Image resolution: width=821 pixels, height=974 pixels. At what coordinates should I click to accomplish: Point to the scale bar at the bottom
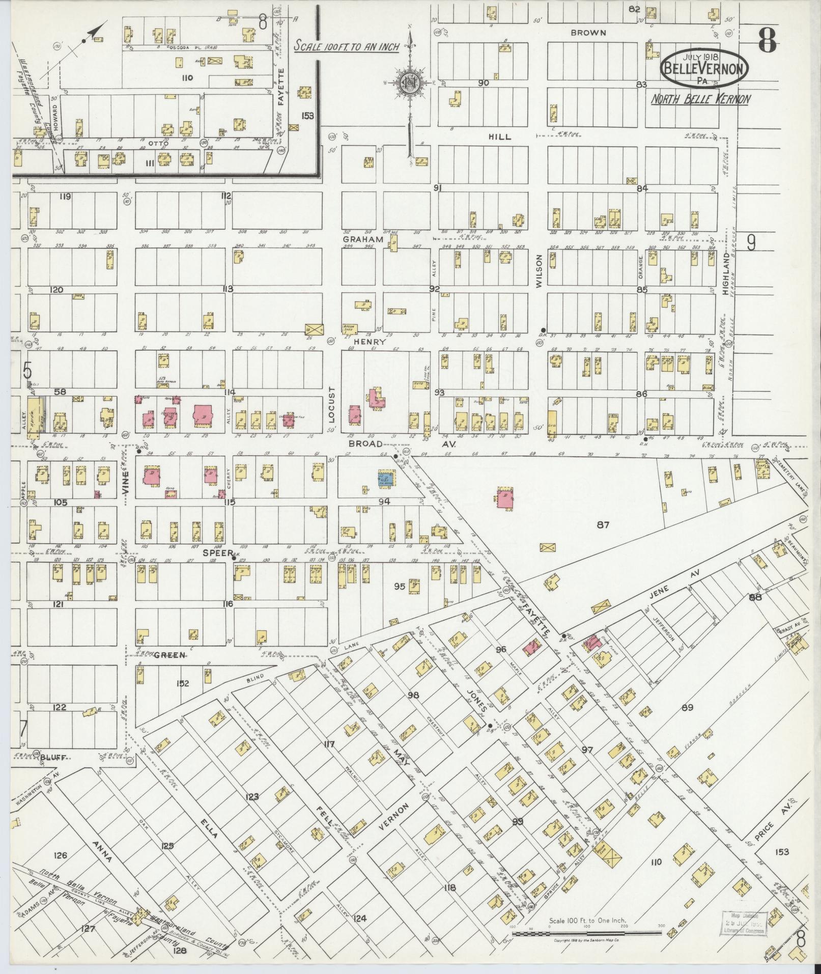point(586,933)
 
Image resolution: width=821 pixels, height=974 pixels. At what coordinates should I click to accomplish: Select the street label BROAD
point(366,444)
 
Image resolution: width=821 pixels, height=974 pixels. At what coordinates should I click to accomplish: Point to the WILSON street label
point(539,269)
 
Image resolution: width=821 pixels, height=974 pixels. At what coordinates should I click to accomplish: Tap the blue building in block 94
point(386,478)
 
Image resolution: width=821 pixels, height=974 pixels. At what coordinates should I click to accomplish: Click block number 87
point(603,524)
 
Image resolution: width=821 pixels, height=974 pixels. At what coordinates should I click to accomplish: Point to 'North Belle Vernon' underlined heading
point(701,99)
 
